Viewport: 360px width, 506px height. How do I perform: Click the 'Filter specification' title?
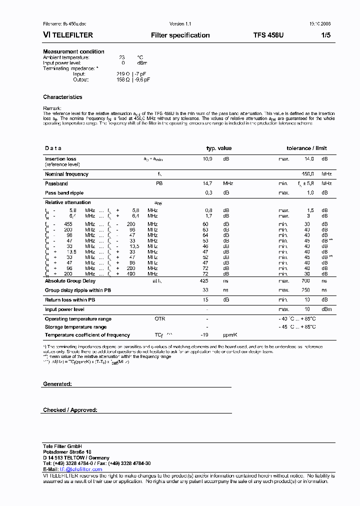tap(180, 35)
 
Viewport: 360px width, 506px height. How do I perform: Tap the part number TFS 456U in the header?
tap(268, 35)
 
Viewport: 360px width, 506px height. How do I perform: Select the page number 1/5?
tap(325, 35)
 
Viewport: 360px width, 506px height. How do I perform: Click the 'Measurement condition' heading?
tap(73, 51)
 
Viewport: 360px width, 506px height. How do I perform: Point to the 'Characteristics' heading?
tap(62, 97)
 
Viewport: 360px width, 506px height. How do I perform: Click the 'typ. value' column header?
tap(219, 148)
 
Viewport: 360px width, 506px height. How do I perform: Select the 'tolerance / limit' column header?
tap(306, 148)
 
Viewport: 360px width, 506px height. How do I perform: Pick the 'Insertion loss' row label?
tap(60, 159)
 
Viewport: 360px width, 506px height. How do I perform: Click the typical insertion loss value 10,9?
tap(207, 159)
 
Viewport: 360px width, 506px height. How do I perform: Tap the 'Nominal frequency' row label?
tap(66, 174)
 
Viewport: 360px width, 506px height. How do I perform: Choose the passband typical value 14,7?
tap(207, 183)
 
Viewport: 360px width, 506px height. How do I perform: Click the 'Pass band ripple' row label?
tap(64, 192)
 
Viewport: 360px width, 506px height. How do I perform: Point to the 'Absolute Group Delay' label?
tap(70, 281)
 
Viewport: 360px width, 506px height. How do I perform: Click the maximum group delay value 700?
tap(305, 281)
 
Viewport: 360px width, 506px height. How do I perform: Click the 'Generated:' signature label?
tap(57, 383)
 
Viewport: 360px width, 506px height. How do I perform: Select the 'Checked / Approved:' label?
tap(70, 410)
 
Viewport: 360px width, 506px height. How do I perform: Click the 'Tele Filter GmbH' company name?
tap(62, 446)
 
